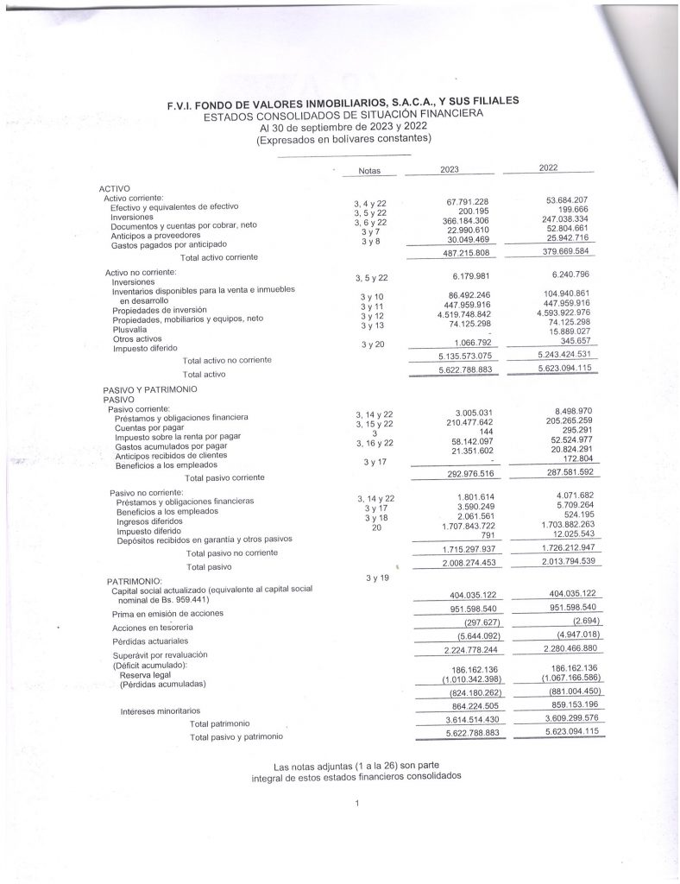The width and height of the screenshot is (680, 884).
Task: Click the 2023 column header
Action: point(450,170)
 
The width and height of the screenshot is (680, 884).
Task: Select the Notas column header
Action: point(369,172)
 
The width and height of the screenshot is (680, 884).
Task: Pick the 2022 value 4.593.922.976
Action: point(554,313)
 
